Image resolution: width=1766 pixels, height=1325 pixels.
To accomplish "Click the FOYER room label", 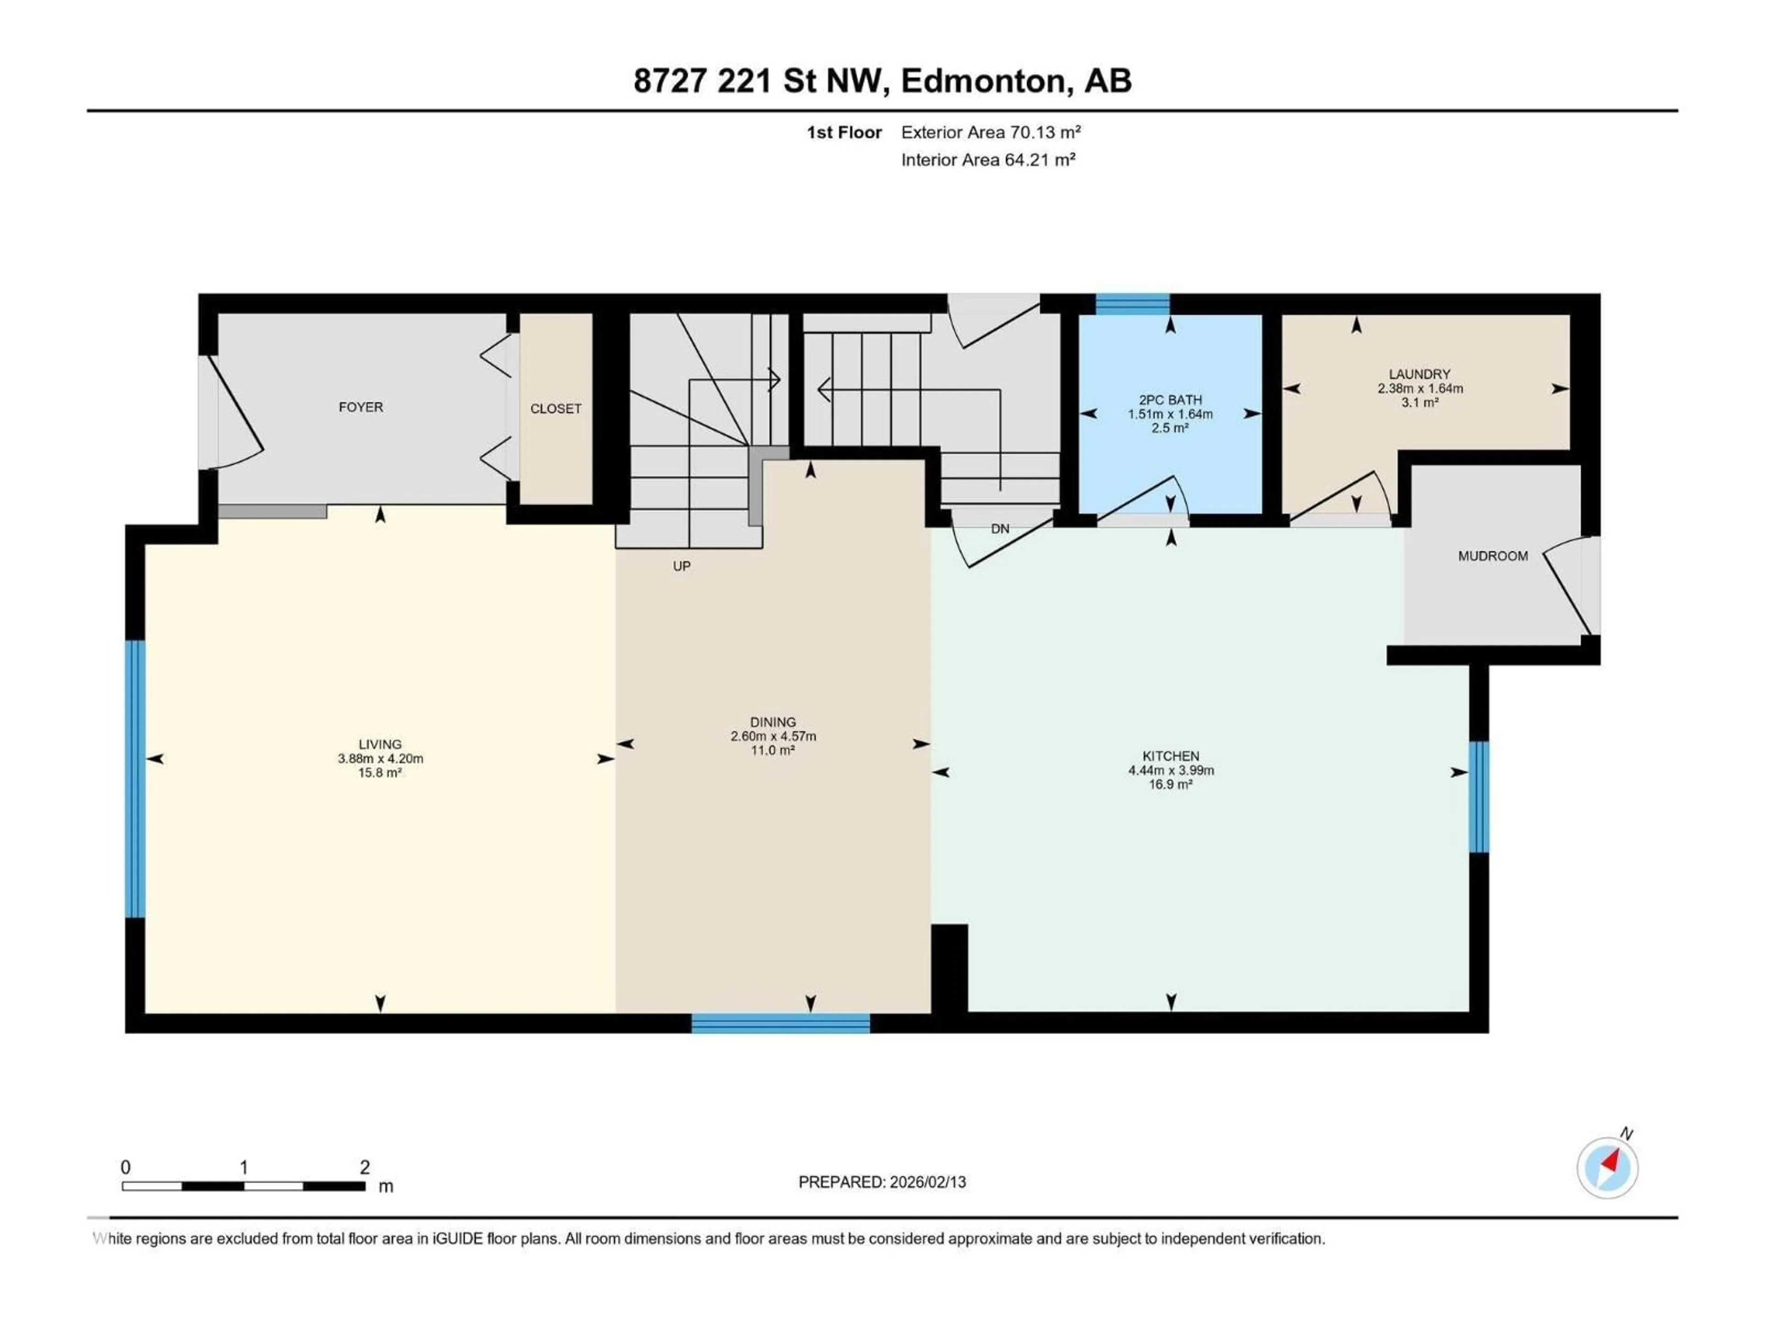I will (x=361, y=407).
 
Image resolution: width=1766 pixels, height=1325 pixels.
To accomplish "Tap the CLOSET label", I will (x=556, y=409).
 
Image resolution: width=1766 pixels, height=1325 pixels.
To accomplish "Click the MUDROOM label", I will (x=1492, y=556).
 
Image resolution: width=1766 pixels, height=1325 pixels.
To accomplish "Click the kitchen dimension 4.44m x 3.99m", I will (x=1170, y=771).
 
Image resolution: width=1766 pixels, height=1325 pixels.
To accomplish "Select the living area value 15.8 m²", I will (x=379, y=773).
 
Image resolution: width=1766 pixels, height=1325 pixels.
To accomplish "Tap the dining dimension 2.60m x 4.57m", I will (x=773, y=737).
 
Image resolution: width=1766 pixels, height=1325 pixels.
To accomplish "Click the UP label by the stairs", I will (x=681, y=566).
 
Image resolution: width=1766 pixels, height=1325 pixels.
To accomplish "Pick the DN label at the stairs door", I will (x=999, y=529).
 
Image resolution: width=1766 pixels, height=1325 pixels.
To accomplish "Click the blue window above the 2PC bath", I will (x=1132, y=304).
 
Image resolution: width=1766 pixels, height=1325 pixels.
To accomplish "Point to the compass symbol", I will (x=1607, y=1168).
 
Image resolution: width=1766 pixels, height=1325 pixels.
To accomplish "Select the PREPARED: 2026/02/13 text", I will (x=882, y=1182).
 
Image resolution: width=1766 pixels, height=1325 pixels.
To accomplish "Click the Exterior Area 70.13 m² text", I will (x=991, y=132).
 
